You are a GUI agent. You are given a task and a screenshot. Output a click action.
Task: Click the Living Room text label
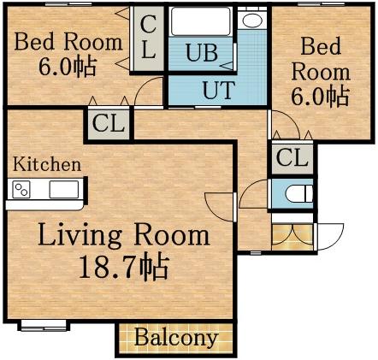point(122,234)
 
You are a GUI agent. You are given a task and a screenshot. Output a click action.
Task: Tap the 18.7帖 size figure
point(122,268)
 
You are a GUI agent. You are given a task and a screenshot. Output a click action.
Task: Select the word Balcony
point(175,338)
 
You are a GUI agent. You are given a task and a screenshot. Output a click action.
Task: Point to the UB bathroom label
point(202,53)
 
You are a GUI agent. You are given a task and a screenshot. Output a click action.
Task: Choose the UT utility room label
point(218,88)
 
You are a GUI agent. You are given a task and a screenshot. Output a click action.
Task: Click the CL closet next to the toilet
point(292,157)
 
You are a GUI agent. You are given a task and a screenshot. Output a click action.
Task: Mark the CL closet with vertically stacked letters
point(148,38)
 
